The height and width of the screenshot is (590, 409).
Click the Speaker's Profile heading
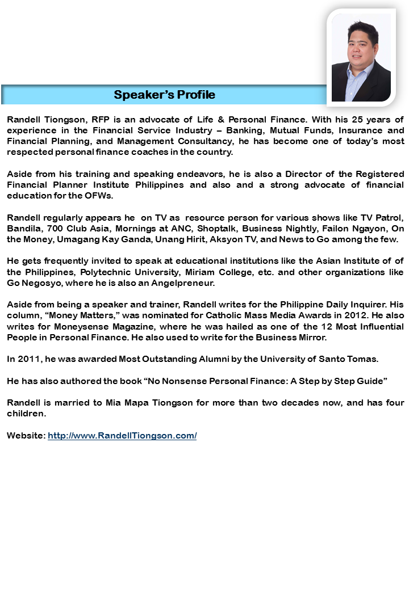click(165, 95)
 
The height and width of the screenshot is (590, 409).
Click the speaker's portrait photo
click(361, 58)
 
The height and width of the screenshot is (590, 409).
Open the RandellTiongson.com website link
click(122, 436)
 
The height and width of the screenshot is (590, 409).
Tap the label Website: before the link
click(26, 436)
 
